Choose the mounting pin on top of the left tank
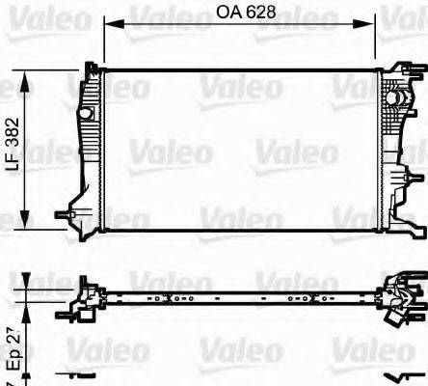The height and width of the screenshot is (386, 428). coord(92,67)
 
